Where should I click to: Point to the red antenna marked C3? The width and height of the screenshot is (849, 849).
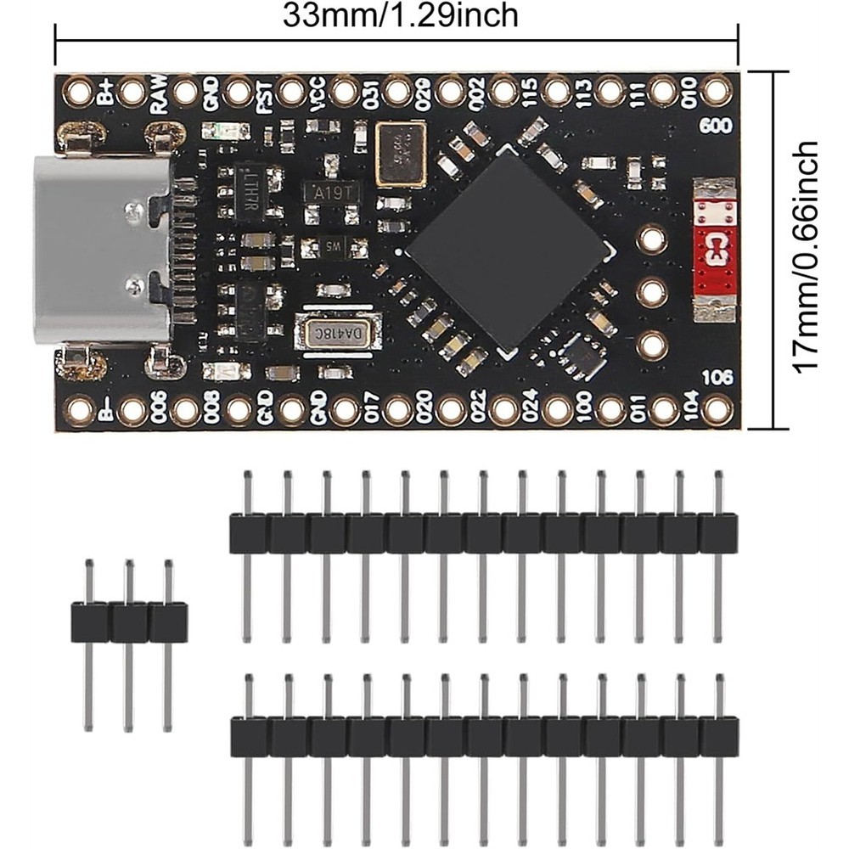coord(713,248)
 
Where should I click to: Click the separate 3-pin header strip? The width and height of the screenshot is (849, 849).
coord(128,621)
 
